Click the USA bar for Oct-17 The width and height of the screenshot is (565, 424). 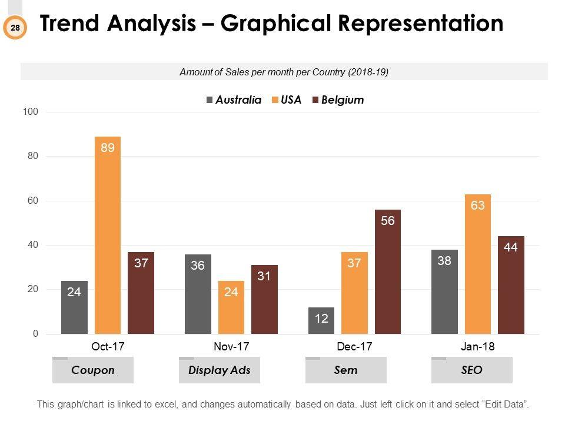[108, 236]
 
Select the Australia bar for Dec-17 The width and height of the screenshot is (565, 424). [321, 321]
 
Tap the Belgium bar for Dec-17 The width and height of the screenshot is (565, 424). [387, 271]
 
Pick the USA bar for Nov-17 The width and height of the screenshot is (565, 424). [231, 307]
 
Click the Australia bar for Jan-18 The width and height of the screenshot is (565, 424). [444, 291]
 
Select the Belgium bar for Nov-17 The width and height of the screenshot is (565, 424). [264, 299]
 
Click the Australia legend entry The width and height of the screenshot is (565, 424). [234, 100]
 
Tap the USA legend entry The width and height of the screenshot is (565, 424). [287, 100]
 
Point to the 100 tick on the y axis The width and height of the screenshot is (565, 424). [31, 112]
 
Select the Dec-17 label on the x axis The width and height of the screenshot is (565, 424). [354, 347]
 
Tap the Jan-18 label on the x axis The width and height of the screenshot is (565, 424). [477, 347]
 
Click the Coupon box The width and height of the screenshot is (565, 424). [93, 370]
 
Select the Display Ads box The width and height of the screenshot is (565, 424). [220, 370]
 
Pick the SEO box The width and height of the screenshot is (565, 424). [472, 370]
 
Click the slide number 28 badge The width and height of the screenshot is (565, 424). [15, 27]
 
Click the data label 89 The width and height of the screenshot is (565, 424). [108, 148]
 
